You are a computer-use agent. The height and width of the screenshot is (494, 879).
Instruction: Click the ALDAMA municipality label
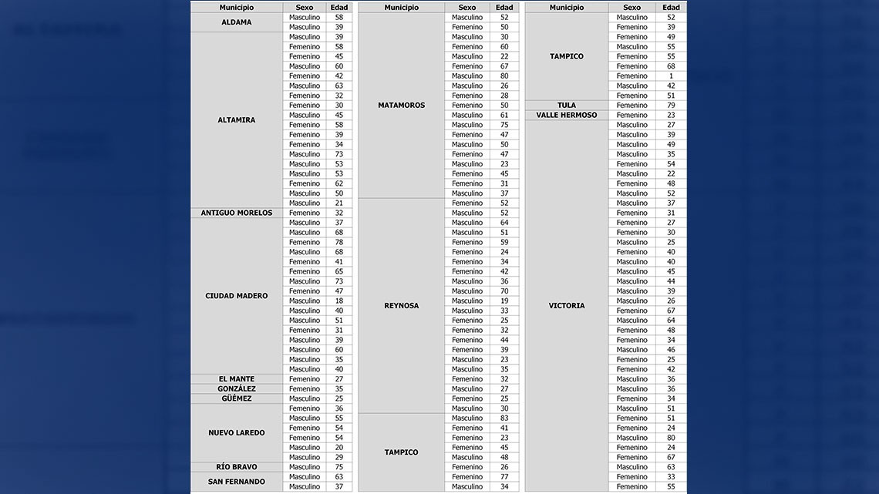[236, 22]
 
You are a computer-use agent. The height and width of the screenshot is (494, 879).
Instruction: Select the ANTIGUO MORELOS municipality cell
[236, 213]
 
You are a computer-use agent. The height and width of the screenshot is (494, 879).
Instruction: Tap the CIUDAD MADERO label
[236, 296]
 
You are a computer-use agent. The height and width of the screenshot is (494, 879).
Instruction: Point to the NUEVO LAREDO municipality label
[236, 433]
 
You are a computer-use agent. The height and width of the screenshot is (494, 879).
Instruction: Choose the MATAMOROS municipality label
[401, 106]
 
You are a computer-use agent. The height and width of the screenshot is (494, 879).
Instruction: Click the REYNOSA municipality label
[401, 306]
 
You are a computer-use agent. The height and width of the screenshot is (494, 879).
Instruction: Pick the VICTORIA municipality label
[567, 306]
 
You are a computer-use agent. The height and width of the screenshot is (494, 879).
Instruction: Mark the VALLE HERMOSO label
[567, 115]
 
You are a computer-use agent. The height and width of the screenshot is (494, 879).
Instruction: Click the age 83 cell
[504, 418]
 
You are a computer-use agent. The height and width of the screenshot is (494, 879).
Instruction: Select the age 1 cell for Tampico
[671, 76]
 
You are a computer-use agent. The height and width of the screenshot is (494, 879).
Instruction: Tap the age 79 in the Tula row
[671, 106]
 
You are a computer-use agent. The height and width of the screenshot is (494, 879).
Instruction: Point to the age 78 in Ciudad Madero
[339, 242]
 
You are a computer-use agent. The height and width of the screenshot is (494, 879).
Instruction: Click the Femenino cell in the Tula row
[632, 106]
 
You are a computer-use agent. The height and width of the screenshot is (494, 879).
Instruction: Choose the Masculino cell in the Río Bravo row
[305, 467]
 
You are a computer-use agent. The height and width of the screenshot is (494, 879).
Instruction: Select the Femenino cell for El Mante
[305, 379]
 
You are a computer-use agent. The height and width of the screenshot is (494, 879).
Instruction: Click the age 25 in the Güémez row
[339, 398]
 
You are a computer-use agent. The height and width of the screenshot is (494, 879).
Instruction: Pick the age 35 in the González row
[339, 389]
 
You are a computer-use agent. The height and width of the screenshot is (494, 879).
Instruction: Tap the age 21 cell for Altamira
[339, 203]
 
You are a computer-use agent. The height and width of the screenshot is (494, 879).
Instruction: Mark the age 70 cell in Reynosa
[504, 291]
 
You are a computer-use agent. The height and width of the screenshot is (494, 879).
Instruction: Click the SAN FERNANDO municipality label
[236, 482]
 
